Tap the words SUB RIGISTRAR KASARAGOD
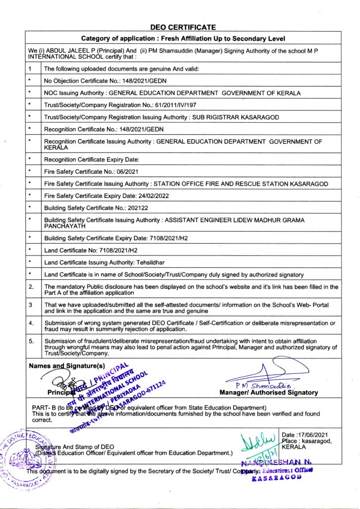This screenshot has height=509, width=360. (x=237, y=117)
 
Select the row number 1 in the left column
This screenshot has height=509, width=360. (x=31, y=69)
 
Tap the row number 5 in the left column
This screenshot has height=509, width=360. (x=31, y=341)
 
